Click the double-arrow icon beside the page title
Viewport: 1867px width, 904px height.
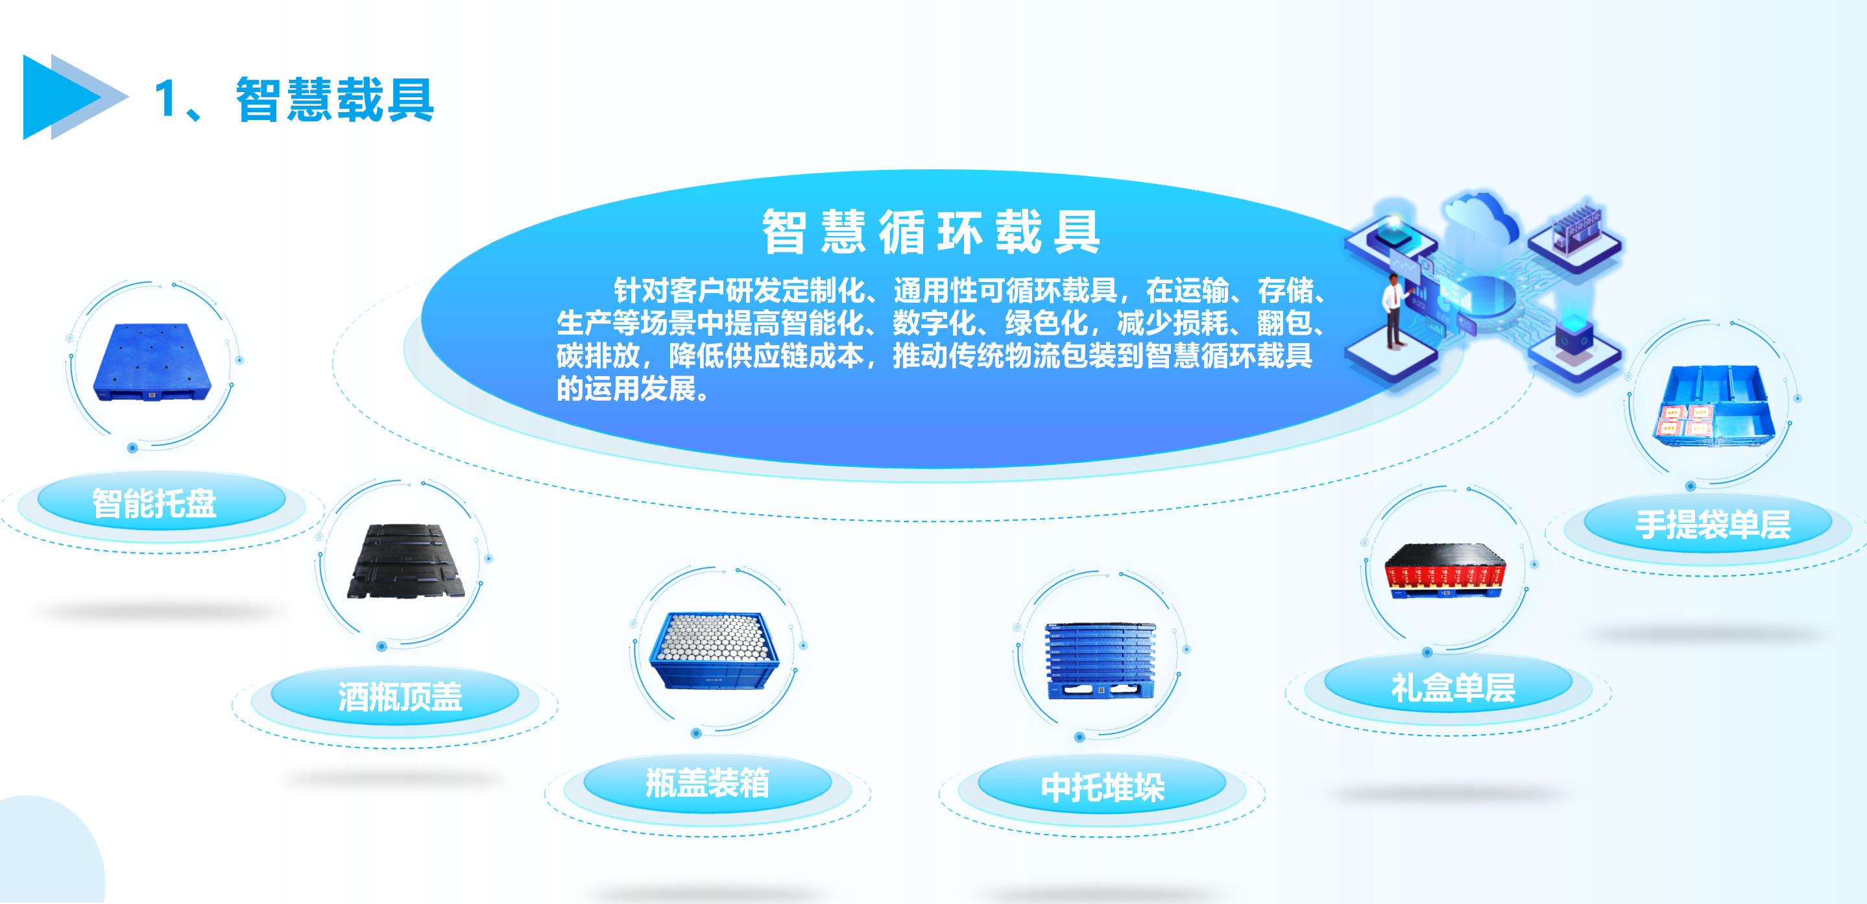[x=73, y=97]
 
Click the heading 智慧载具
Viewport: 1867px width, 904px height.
[x=334, y=99]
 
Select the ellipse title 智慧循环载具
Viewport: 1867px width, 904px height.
[x=931, y=232]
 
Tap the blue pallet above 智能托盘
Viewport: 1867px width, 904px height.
[x=152, y=362]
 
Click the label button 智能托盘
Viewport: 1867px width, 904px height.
[x=154, y=503]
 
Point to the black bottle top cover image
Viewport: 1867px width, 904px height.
[x=405, y=562]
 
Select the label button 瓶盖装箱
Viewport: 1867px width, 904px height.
[x=706, y=783]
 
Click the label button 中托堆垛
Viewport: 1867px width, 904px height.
[x=1102, y=787]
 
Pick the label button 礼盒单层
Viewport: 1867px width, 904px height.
[x=1452, y=687]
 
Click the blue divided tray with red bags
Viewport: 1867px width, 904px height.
[x=1713, y=406]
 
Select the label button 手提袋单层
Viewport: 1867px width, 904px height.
[x=1712, y=525]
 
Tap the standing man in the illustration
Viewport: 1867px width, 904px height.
[x=1393, y=311]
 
